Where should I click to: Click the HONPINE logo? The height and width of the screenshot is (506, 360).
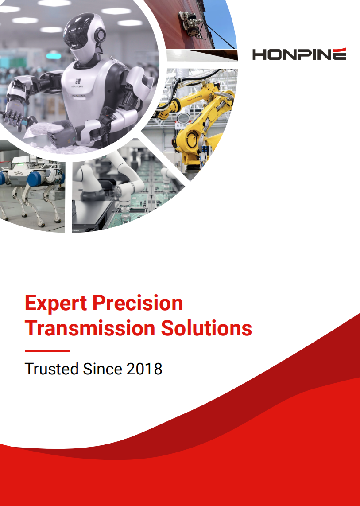click(299, 54)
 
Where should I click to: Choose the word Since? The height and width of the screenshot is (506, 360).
click(102, 369)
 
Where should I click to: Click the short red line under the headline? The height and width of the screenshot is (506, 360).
click(47, 351)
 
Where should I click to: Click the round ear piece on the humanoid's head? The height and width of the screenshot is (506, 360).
click(100, 35)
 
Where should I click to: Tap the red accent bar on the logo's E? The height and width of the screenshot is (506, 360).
click(338, 49)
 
